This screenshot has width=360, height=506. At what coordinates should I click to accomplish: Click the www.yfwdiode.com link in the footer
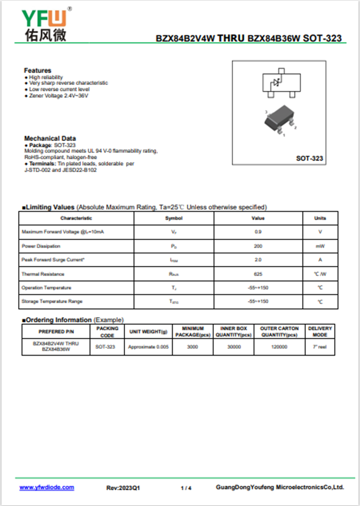click(47, 488)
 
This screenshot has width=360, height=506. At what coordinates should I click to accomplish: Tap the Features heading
click(38, 71)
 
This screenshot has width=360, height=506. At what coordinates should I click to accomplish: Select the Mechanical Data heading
click(50, 139)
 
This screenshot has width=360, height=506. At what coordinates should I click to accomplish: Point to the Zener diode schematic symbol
click(276, 83)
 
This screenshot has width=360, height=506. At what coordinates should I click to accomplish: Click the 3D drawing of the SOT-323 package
click(279, 121)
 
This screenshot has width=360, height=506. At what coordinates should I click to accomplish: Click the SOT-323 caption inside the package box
click(309, 159)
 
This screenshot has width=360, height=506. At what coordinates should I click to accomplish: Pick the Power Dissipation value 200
click(258, 246)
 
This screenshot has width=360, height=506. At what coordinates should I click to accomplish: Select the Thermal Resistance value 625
click(258, 274)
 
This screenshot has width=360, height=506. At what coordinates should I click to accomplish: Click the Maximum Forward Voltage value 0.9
click(258, 232)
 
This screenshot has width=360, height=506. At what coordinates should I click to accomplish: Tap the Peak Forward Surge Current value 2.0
click(258, 260)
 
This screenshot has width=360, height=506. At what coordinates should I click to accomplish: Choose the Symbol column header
click(174, 218)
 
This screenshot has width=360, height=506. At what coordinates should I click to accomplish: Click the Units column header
click(320, 218)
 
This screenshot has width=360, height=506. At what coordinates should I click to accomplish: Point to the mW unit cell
click(320, 246)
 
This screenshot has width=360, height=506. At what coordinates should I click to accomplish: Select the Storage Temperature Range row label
click(52, 301)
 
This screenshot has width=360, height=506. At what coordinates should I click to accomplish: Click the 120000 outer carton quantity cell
click(279, 347)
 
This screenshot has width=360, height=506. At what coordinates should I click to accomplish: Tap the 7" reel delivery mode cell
click(320, 347)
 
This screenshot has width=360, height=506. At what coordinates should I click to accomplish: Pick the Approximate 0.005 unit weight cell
click(148, 347)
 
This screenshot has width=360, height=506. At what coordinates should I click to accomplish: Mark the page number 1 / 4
click(186, 488)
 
